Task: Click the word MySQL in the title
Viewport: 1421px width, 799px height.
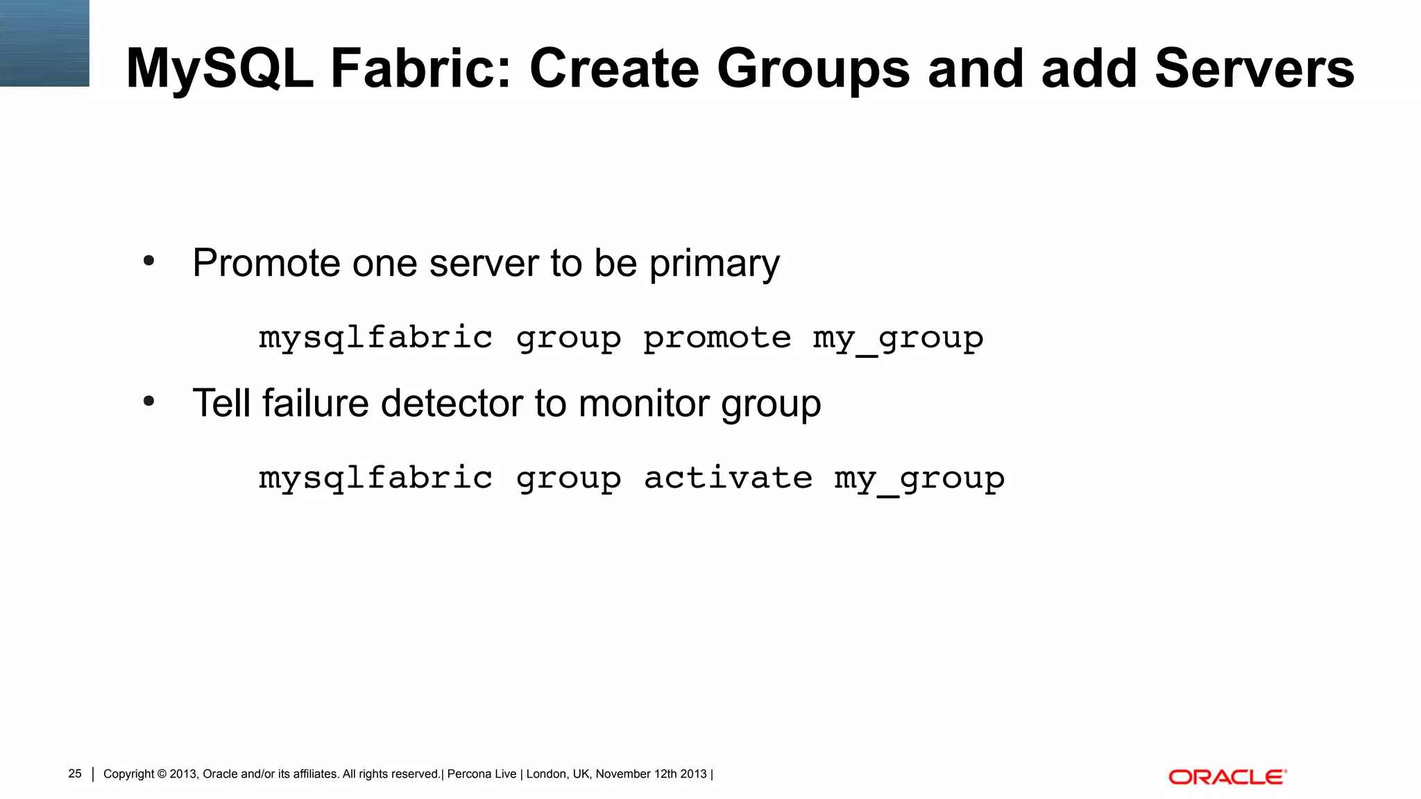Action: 219,68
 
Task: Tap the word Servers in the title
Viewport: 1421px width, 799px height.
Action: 1254,68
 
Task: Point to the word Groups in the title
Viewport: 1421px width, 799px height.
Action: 812,68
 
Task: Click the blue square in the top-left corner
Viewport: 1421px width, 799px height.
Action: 44,43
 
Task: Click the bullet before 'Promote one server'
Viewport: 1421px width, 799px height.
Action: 148,261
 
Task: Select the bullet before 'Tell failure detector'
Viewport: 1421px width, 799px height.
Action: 148,402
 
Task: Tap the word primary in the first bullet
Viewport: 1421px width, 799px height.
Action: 714,264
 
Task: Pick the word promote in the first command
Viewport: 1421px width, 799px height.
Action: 717,338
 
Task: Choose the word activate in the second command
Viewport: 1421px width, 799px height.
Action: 728,478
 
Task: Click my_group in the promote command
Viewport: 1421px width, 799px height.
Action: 898,338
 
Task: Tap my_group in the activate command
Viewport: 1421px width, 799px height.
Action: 919,478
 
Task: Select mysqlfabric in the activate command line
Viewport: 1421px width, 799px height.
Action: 375,478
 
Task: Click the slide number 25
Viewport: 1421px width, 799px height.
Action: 75,773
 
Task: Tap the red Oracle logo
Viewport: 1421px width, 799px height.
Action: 1227,777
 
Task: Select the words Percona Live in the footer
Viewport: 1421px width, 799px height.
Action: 482,774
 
